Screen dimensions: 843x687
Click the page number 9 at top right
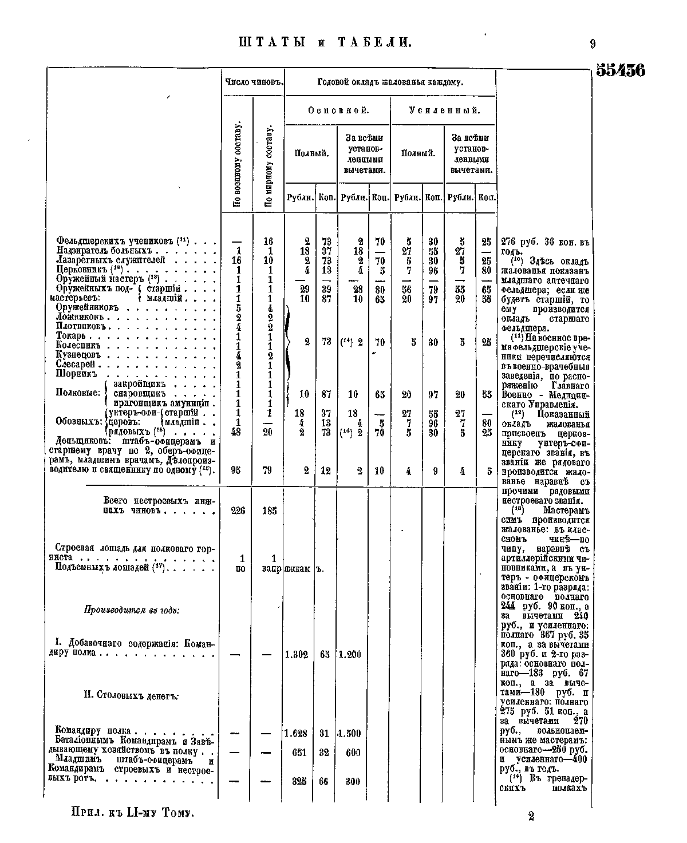click(x=593, y=43)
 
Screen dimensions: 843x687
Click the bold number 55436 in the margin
click(x=621, y=70)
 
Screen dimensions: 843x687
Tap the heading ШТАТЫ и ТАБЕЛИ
click(x=324, y=43)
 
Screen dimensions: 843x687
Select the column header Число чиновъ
click(x=254, y=82)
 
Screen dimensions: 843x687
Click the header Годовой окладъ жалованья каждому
click(x=390, y=82)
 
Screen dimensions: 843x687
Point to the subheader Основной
click(x=338, y=110)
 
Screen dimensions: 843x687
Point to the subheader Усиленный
click(x=444, y=110)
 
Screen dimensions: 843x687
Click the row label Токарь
click(x=71, y=336)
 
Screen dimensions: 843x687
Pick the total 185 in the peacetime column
click(x=269, y=510)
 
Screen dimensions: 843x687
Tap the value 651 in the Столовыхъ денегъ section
click(x=299, y=753)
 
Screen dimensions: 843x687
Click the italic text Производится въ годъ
click(x=132, y=610)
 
